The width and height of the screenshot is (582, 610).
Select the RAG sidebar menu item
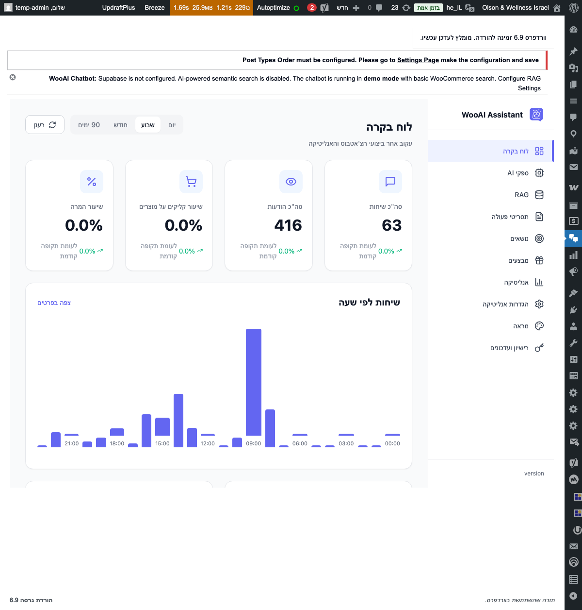(x=522, y=195)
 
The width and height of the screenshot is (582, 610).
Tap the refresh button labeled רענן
(x=45, y=125)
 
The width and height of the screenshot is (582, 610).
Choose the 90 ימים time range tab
(x=89, y=125)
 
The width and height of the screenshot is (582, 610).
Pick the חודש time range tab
(x=120, y=125)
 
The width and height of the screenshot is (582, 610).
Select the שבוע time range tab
(x=147, y=125)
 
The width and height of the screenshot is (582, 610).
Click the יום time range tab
(x=172, y=125)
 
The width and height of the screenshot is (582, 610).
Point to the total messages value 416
(x=288, y=225)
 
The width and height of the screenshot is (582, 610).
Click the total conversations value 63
(x=391, y=225)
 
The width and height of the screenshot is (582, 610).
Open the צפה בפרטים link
(x=54, y=303)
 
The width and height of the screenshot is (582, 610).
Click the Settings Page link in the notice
(x=418, y=60)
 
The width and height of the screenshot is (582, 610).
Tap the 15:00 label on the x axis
(x=162, y=443)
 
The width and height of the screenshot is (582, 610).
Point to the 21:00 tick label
(x=72, y=443)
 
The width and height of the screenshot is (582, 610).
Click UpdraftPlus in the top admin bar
(x=118, y=8)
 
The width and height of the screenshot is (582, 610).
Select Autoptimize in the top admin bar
(x=274, y=8)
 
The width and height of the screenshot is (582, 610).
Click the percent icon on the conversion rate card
(x=92, y=182)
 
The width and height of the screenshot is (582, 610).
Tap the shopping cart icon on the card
(x=191, y=182)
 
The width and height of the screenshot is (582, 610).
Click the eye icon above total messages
(x=291, y=182)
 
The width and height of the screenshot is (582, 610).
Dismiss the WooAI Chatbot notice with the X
(x=13, y=77)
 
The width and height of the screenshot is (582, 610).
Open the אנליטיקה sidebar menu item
(x=516, y=282)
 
